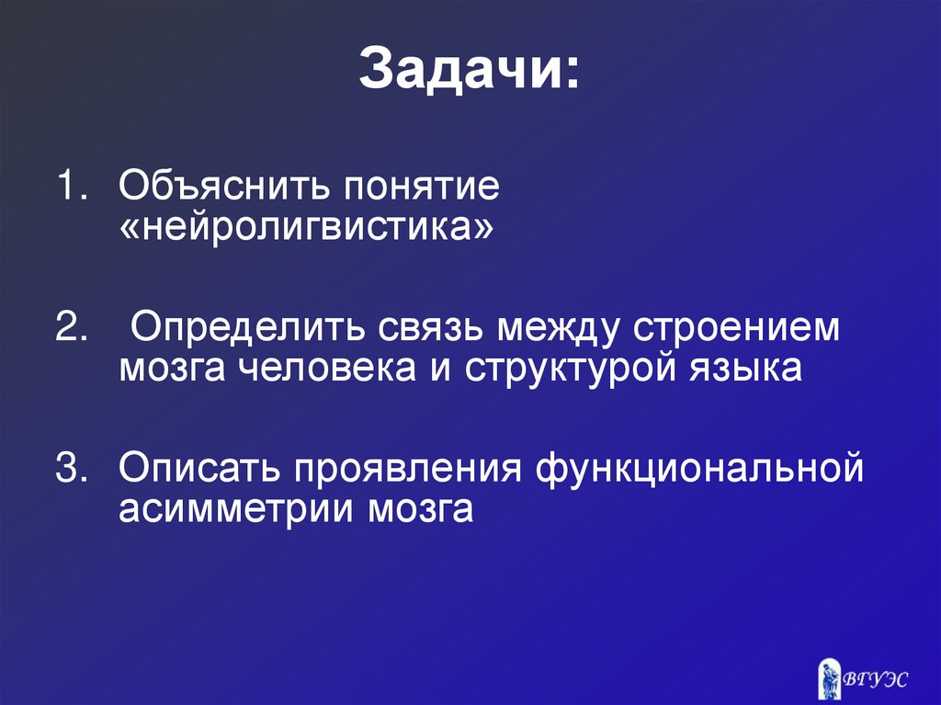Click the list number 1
(70, 188)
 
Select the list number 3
(70, 467)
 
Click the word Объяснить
(223, 188)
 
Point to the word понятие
(422, 188)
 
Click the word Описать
(200, 467)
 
